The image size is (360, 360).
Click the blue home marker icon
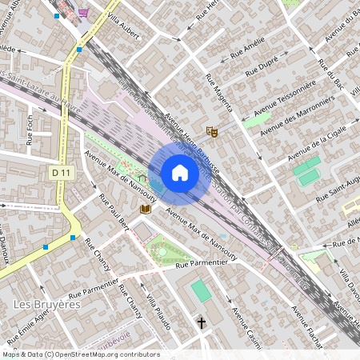pos(180,173)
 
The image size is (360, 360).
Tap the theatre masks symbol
pos(211,130)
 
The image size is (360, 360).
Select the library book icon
pos(146,210)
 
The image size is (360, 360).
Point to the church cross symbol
pos(202,323)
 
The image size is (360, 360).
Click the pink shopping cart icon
pos(84,13)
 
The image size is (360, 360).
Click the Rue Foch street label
pos(30,129)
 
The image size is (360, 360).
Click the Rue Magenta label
pos(218,91)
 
